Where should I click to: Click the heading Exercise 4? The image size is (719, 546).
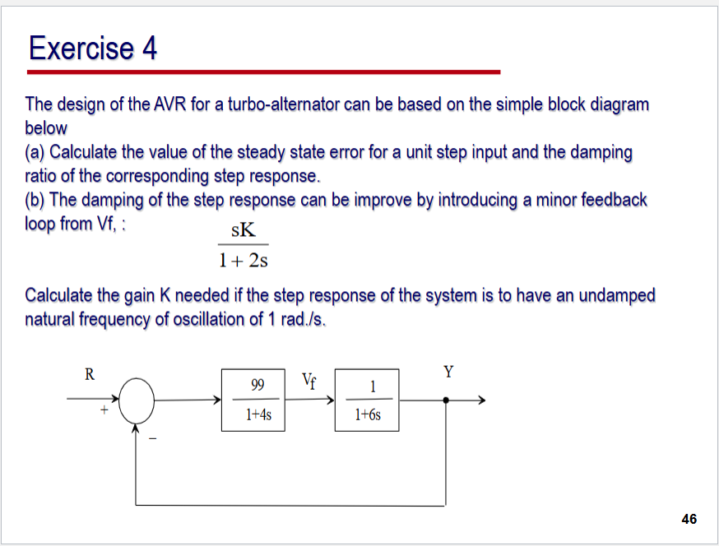(x=92, y=49)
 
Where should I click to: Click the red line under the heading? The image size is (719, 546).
(x=263, y=72)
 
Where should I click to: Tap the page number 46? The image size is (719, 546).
(x=689, y=518)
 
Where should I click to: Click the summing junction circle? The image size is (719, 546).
(x=137, y=400)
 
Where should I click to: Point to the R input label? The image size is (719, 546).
(x=90, y=374)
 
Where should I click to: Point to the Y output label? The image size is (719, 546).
(x=448, y=372)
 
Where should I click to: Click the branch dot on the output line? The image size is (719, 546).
(x=446, y=400)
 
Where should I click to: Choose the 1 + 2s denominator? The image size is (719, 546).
(x=244, y=261)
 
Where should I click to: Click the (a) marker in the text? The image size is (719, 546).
(x=36, y=152)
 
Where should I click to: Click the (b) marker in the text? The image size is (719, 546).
(x=36, y=200)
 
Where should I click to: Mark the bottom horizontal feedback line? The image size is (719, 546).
(x=288, y=503)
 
